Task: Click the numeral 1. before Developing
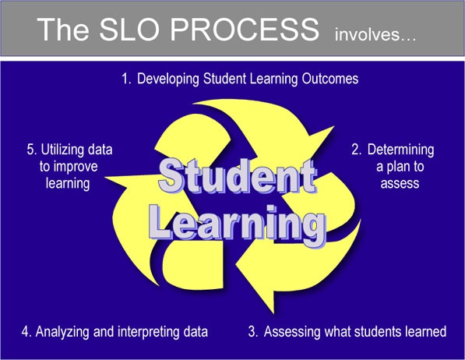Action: (127, 79)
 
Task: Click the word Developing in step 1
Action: (168, 79)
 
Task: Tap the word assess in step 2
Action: (401, 184)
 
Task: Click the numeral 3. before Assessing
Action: (253, 332)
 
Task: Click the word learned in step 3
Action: (425, 332)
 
